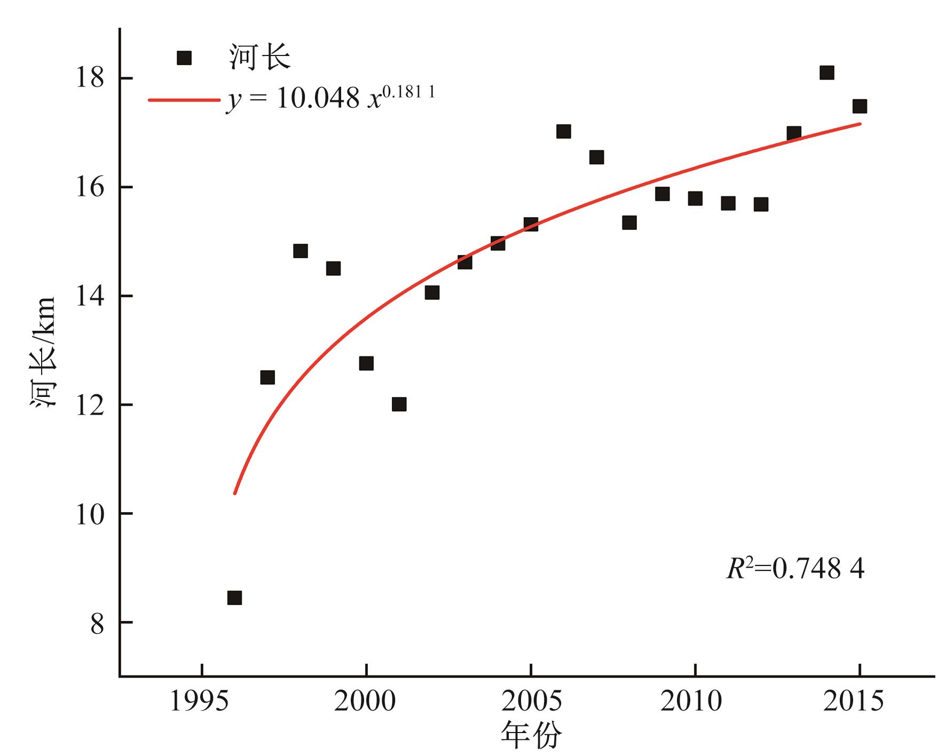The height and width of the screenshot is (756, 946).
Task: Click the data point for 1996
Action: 234,598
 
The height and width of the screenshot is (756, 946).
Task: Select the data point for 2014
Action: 826,73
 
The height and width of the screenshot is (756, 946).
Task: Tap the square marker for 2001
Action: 399,404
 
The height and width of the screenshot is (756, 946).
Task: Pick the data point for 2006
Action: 563,131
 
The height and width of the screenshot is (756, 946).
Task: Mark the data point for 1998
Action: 301,251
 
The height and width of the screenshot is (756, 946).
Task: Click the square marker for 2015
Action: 859,106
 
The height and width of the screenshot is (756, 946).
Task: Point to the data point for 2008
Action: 629,222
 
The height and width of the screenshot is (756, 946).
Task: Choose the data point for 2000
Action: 366,363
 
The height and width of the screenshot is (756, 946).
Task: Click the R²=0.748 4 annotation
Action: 795,569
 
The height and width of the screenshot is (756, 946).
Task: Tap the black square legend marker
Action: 184,58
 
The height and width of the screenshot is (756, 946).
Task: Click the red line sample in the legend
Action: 184,100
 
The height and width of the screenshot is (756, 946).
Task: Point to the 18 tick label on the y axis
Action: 90,78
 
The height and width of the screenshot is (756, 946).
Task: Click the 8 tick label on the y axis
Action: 97,623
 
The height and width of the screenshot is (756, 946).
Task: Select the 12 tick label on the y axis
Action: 90,405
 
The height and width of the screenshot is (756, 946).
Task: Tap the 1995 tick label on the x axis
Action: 201,701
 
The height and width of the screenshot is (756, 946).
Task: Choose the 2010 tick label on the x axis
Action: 694,701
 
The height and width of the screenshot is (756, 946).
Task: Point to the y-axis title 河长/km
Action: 43,353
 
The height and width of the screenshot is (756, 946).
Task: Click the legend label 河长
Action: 259,58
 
